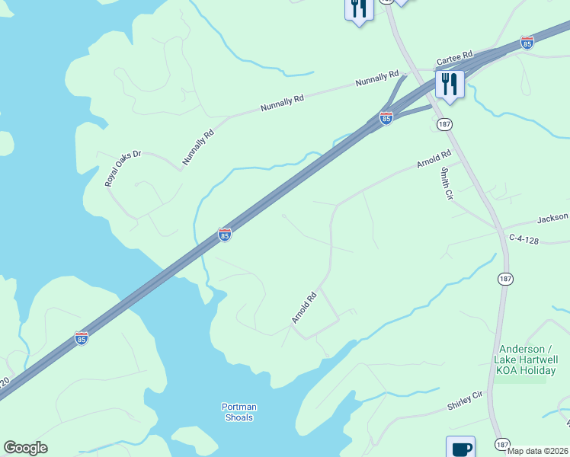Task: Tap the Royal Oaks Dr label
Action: point(123,168)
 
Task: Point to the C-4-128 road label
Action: point(524,239)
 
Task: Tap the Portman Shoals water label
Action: point(238,411)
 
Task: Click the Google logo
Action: point(25,448)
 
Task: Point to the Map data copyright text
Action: point(538,451)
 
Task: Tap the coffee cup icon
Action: point(460,448)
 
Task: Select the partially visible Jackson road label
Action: point(552,219)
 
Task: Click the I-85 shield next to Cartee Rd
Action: point(527,43)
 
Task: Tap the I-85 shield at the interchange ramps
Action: point(386,118)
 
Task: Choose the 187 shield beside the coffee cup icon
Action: point(501,444)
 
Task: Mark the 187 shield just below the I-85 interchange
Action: point(444,124)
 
